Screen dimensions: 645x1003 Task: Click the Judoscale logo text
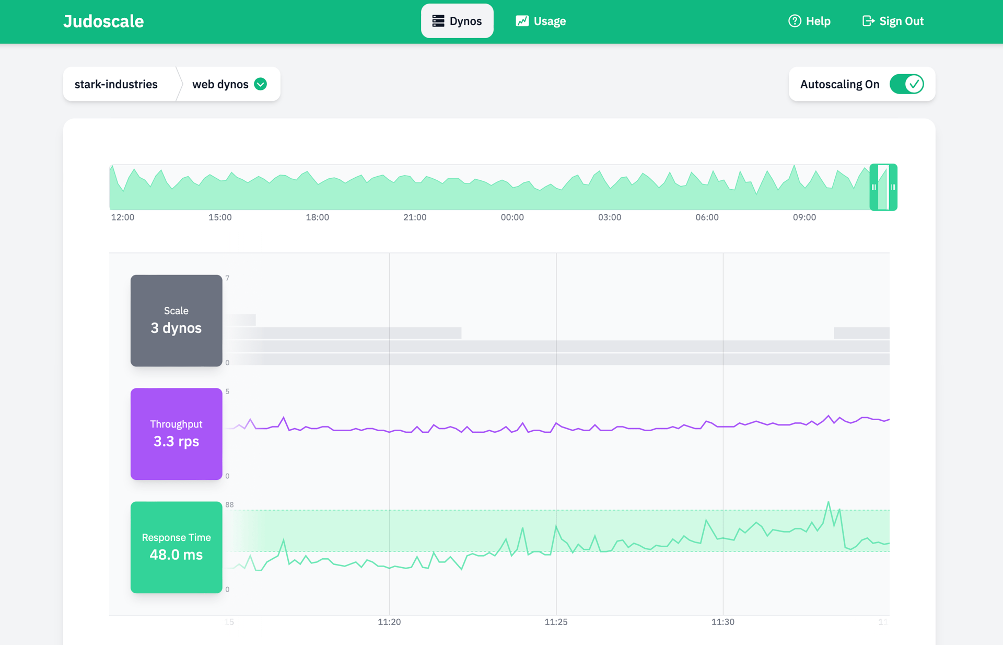103,21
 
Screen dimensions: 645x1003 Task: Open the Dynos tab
457,21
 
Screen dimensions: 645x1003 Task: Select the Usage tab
541,21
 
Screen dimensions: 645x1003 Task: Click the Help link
809,21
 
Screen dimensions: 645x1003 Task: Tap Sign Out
893,21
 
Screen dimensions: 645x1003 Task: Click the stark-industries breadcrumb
116,84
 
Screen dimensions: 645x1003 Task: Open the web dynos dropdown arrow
261,84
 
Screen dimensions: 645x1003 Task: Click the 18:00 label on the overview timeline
317,217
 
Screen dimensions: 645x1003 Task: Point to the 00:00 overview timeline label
512,217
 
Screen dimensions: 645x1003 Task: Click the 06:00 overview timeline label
707,217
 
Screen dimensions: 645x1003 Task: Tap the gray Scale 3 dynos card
176,320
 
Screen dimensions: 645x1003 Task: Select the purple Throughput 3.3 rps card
176,434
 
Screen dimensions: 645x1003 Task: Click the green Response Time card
176,547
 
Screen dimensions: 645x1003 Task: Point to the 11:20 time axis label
389,622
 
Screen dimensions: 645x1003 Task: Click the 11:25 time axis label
556,622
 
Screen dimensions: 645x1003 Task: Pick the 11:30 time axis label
722,622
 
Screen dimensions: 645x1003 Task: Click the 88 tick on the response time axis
229,505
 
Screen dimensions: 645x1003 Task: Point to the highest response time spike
828,503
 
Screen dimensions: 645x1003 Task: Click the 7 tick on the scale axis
227,278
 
